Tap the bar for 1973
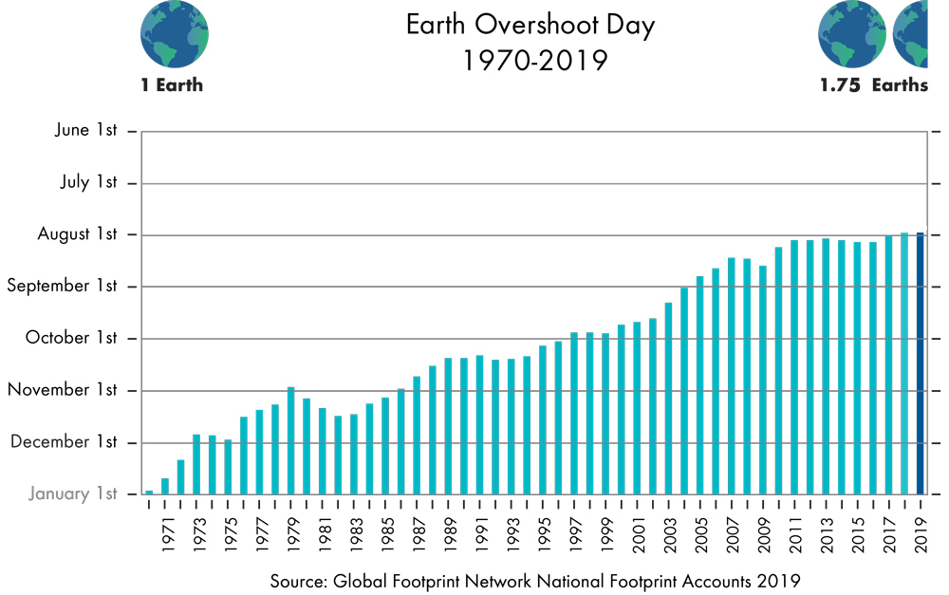coord(196,464)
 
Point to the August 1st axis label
coord(78,233)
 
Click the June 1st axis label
coord(85,130)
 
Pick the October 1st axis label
coord(72,338)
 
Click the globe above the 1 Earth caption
coord(175,34)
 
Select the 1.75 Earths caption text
coord(874,85)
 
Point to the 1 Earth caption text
coord(172,85)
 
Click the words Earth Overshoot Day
coord(530,25)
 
